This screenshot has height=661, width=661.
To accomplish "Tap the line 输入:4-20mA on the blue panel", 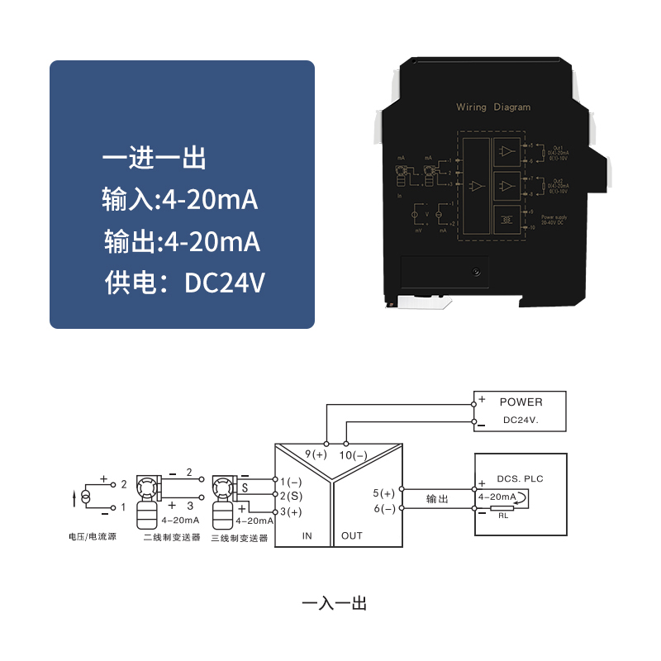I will pyautogui.click(x=181, y=200).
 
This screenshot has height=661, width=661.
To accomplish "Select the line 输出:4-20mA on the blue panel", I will pyautogui.click(x=182, y=241).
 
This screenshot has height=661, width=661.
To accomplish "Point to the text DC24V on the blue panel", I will pyautogui.click(x=225, y=283).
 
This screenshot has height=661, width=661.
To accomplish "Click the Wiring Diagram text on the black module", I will pyautogui.click(x=493, y=107).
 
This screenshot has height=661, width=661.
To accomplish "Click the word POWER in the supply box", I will pyautogui.click(x=521, y=402).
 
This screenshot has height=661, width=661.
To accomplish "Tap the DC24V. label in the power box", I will pyautogui.click(x=521, y=421).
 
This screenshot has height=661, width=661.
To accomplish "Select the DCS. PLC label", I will pyautogui.click(x=521, y=479).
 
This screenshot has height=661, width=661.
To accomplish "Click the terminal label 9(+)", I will pyautogui.click(x=316, y=454).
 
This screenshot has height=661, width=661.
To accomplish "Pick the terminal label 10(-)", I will pyautogui.click(x=353, y=454).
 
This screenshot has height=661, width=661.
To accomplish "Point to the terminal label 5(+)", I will pyautogui.click(x=384, y=493).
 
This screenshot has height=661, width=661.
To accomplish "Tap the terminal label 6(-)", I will pyautogui.click(x=384, y=509).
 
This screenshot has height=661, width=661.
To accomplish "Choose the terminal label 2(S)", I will pyautogui.click(x=292, y=496).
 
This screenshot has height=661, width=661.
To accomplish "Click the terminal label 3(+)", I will pyautogui.click(x=292, y=512).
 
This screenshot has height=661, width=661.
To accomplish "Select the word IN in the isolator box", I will pyautogui.click(x=307, y=535).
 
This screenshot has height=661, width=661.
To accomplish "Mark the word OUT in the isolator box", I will pyautogui.click(x=352, y=535).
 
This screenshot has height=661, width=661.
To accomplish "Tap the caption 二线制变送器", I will pyautogui.click(x=173, y=538).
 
